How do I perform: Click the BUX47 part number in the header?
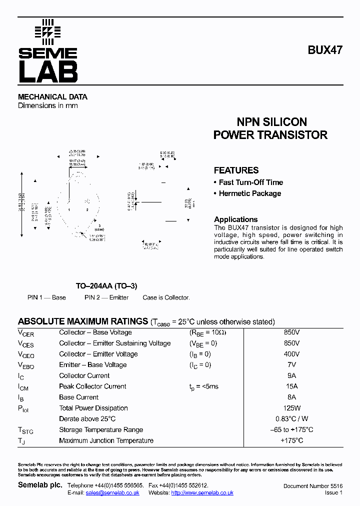(324, 50)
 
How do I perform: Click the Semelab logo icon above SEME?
(47, 32)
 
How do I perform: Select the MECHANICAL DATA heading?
(52, 97)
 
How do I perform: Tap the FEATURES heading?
(236, 170)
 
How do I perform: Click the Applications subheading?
(235, 219)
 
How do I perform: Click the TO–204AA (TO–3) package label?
(106, 286)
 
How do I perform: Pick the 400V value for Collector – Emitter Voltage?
(291, 354)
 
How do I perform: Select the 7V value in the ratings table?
(291, 365)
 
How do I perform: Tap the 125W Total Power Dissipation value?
(291, 408)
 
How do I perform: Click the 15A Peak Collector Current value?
(291, 386)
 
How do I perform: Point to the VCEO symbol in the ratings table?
(25, 355)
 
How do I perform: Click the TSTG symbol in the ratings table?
(25, 430)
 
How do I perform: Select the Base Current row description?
(78, 397)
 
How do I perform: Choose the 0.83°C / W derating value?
(291, 419)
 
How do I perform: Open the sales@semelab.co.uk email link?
(112, 493)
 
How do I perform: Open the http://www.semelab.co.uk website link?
(202, 493)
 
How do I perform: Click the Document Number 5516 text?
(312, 486)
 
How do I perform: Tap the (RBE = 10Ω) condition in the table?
(207, 332)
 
